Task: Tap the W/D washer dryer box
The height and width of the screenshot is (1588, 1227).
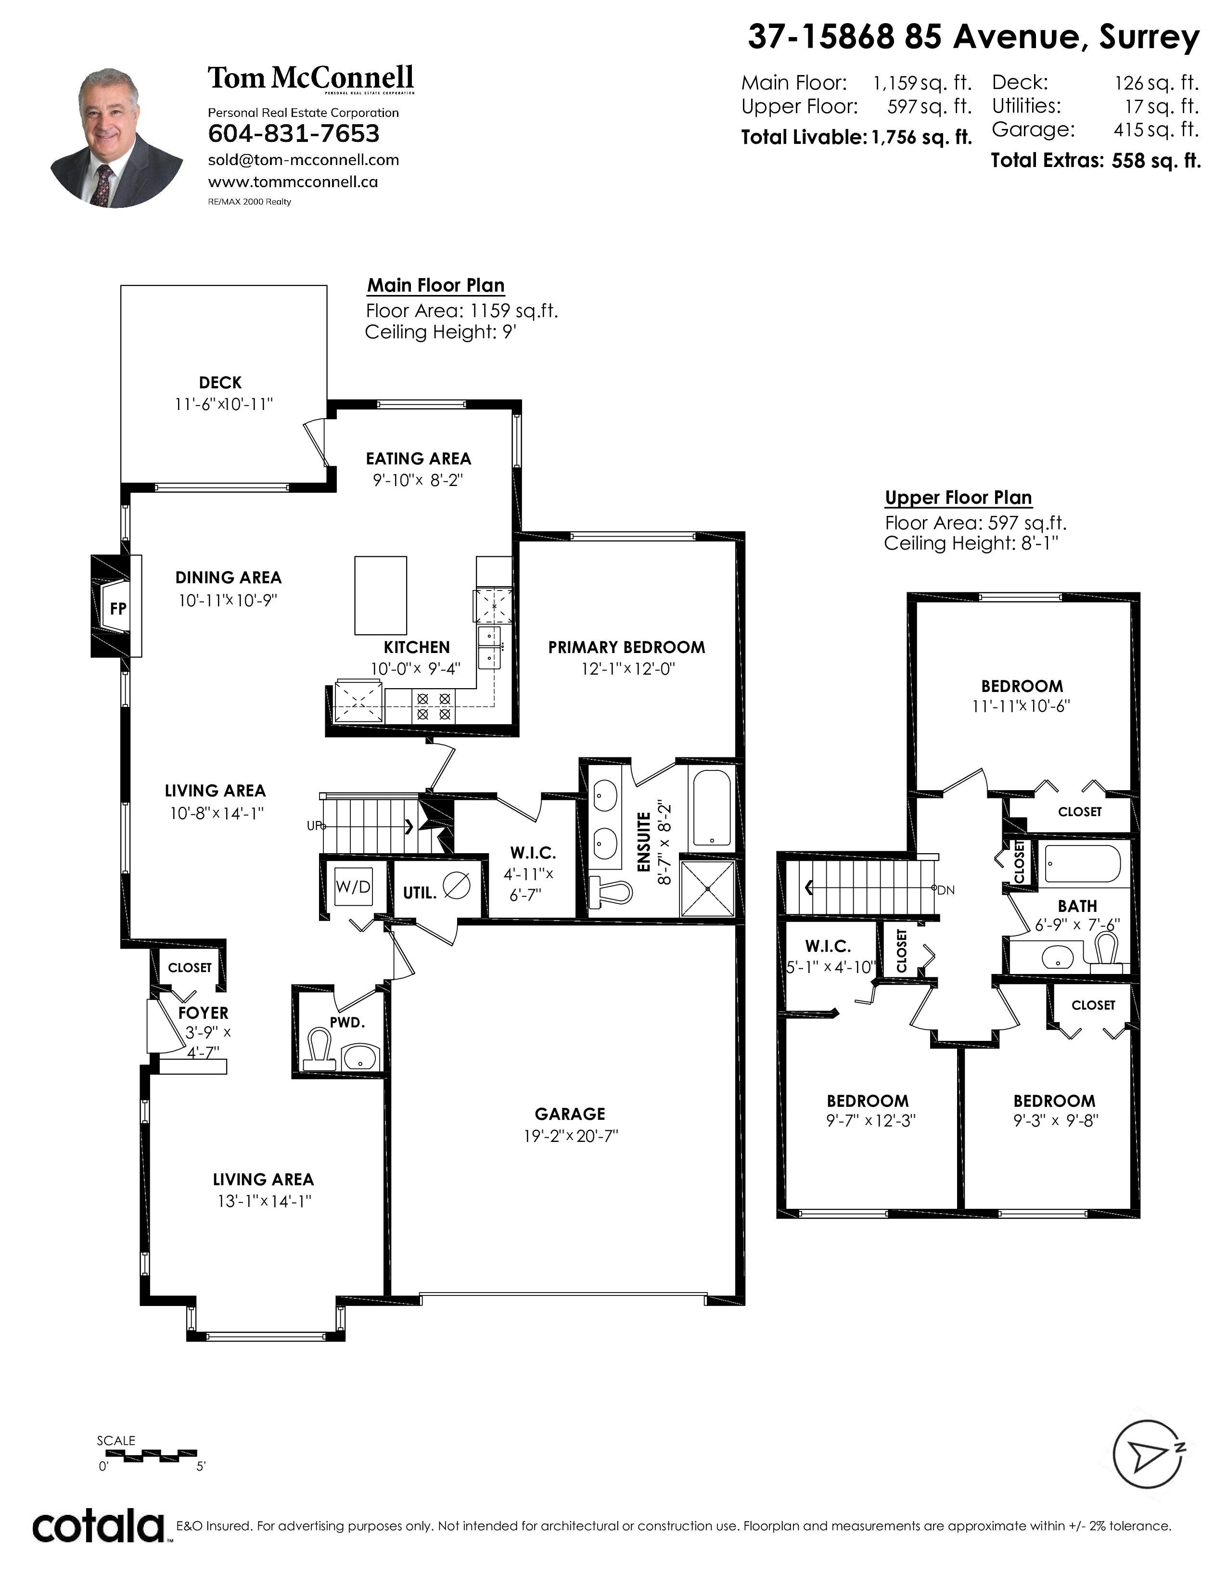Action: [x=353, y=886]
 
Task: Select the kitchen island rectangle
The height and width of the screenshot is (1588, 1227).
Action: [x=380, y=596]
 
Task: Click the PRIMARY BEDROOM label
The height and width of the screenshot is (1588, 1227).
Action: [x=626, y=647]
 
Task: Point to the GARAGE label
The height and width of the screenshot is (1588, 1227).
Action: [x=570, y=1114]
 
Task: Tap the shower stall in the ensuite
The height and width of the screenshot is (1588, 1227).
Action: [x=707, y=888]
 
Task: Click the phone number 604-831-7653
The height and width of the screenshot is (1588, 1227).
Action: [x=294, y=134]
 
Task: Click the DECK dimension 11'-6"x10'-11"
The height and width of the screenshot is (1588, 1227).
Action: [x=224, y=404]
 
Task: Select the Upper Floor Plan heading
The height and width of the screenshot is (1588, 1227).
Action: [x=958, y=498]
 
